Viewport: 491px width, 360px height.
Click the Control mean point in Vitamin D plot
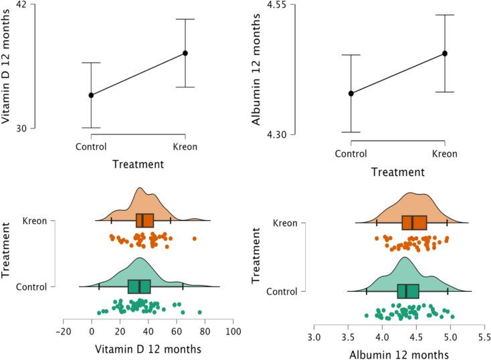click(x=92, y=95)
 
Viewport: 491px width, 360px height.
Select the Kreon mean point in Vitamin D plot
click(x=185, y=53)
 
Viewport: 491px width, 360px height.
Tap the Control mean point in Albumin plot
click(x=351, y=93)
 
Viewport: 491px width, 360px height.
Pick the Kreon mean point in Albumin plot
click(x=444, y=53)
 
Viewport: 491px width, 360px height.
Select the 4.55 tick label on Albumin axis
click(x=277, y=5)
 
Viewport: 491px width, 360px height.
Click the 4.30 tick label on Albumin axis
click(x=277, y=135)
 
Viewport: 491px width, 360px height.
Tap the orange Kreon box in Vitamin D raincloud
click(x=144, y=221)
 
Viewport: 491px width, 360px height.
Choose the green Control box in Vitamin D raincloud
click(x=139, y=286)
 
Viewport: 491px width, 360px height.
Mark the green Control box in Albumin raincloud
click(x=408, y=291)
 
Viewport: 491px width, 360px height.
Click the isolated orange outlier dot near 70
click(x=195, y=238)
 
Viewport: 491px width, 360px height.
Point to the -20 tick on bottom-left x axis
click(x=64, y=331)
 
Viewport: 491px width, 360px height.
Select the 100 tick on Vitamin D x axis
click(x=233, y=331)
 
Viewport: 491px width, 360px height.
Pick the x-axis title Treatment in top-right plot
click(x=397, y=172)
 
